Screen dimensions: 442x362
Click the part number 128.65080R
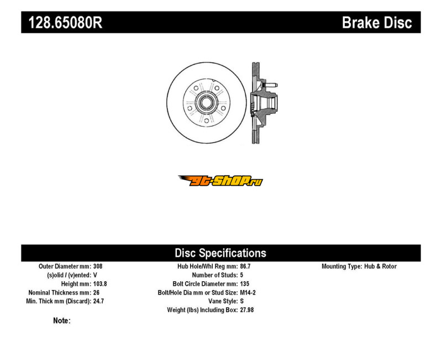[x=65, y=23]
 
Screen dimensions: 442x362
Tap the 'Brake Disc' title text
[x=377, y=23]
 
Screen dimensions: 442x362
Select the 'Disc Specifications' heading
[x=220, y=253]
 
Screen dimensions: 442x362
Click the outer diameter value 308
[x=98, y=266]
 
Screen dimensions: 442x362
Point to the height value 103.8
[x=100, y=284]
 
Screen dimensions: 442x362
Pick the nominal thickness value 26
[x=96, y=292]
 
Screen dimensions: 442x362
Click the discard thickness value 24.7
[x=99, y=301]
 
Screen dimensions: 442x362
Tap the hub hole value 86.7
[x=245, y=266]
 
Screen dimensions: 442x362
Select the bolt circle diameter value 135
[x=245, y=284]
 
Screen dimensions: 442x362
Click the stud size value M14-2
[x=248, y=292]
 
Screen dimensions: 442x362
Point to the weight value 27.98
[x=247, y=310]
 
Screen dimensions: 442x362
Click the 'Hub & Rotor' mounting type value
[x=380, y=266]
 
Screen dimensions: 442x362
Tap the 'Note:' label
[x=62, y=321]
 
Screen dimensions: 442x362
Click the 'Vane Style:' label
[x=223, y=301]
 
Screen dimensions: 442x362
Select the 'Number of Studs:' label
[x=215, y=275]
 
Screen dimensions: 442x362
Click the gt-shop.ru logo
[x=220, y=181]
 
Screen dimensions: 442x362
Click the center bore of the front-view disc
[x=206, y=103]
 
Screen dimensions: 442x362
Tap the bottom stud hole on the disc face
[x=206, y=121]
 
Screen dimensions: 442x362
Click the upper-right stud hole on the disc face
[x=217, y=88]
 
